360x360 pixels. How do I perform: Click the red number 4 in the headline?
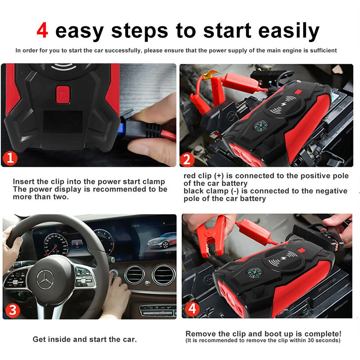click(42, 30)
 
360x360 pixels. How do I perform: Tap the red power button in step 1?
click(63, 95)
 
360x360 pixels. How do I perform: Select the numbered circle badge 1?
click(10, 158)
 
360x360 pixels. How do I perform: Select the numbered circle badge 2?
click(187, 159)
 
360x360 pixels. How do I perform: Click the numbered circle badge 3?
click(13, 310)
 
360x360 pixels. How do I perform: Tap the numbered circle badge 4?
click(192, 309)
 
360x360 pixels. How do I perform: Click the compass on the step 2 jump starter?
click(261, 127)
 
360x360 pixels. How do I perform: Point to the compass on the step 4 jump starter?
click(255, 273)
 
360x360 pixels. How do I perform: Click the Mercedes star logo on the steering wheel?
click(45, 280)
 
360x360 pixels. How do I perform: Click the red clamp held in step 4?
click(211, 237)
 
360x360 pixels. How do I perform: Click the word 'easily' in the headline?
click(289, 31)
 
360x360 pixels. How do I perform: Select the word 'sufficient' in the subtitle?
click(323, 50)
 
